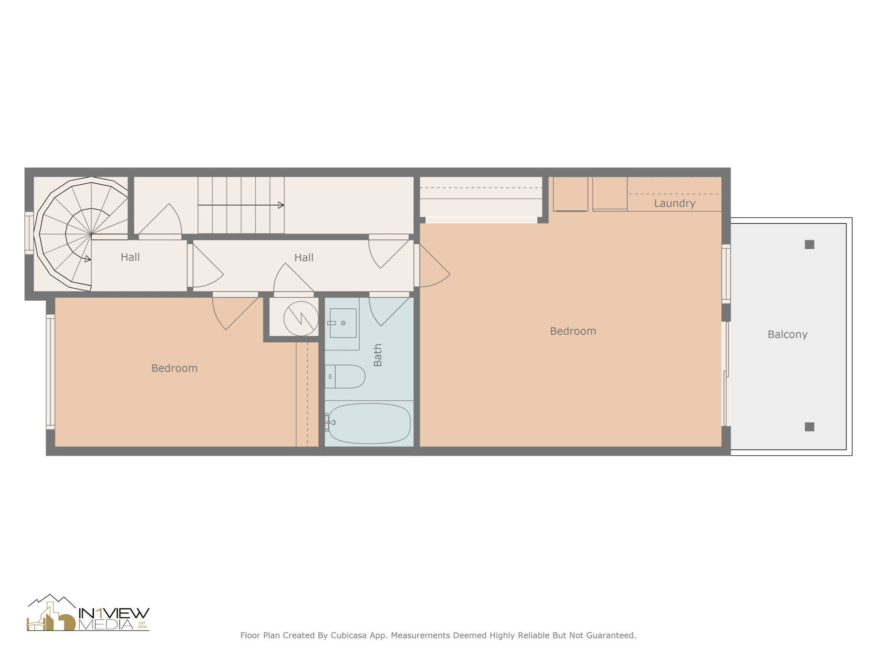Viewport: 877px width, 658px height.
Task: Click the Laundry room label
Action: click(674, 203)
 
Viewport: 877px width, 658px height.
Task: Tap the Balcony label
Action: click(787, 334)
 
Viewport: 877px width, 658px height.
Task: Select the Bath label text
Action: click(377, 355)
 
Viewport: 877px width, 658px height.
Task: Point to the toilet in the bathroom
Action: click(345, 377)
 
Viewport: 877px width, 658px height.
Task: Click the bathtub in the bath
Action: click(369, 423)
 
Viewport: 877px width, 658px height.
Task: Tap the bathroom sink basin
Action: click(343, 323)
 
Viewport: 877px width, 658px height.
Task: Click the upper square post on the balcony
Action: click(809, 245)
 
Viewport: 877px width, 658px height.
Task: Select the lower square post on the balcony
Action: click(809, 427)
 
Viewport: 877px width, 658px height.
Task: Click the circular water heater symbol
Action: click(301, 319)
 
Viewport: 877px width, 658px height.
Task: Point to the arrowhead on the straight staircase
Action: click(281, 205)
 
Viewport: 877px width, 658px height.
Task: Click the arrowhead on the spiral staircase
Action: click(88, 259)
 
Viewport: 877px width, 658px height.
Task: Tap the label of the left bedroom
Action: click(174, 368)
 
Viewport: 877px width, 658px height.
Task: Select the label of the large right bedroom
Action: click(573, 331)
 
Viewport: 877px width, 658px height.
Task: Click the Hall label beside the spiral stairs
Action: click(130, 257)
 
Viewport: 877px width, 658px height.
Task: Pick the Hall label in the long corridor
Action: click(304, 257)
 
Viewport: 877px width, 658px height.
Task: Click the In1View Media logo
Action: click(88, 613)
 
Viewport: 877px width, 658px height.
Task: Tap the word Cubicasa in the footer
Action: click(349, 635)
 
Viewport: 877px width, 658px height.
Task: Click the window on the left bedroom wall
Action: click(50, 372)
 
